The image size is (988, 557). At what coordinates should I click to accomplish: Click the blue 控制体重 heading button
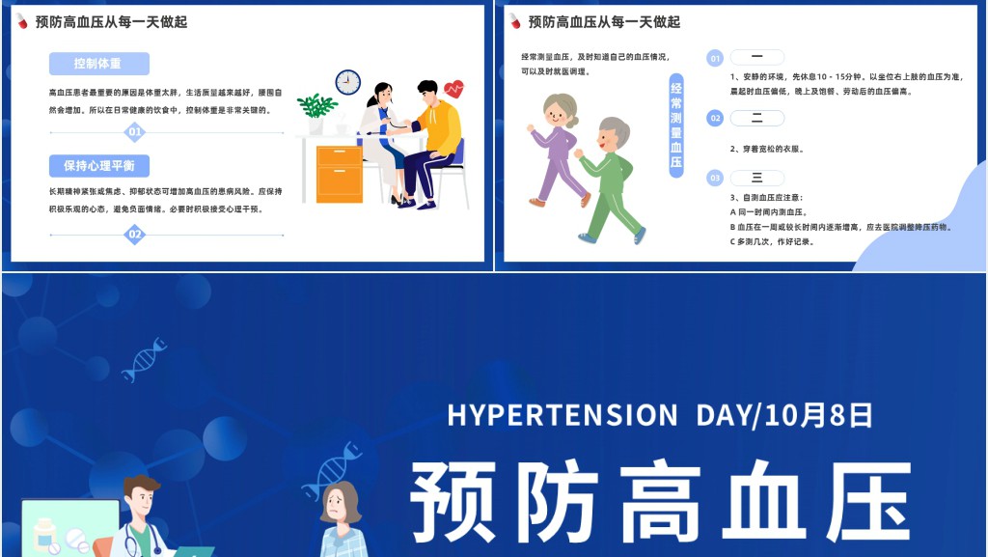tap(98, 64)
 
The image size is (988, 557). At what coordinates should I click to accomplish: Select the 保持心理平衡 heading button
tap(98, 165)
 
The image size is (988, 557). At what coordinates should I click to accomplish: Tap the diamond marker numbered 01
tap(135, 132)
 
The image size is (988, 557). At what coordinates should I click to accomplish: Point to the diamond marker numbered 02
tap(135, 234)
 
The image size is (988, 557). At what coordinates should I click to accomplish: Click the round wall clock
tap(347, 82)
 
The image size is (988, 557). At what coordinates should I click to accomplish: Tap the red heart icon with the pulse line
tap(453, 90)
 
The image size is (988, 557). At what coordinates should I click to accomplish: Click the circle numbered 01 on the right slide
tap(715, 58)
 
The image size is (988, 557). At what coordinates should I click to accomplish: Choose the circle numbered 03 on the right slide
tap(715, 178)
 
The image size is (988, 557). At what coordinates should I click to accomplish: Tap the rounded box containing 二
tap(757, 118)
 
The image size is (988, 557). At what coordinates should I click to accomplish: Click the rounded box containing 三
tap(757, 178)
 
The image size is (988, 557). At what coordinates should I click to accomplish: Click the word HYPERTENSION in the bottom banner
tap(563, 415)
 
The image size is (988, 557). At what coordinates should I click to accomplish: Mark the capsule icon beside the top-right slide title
tap(515, 21)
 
